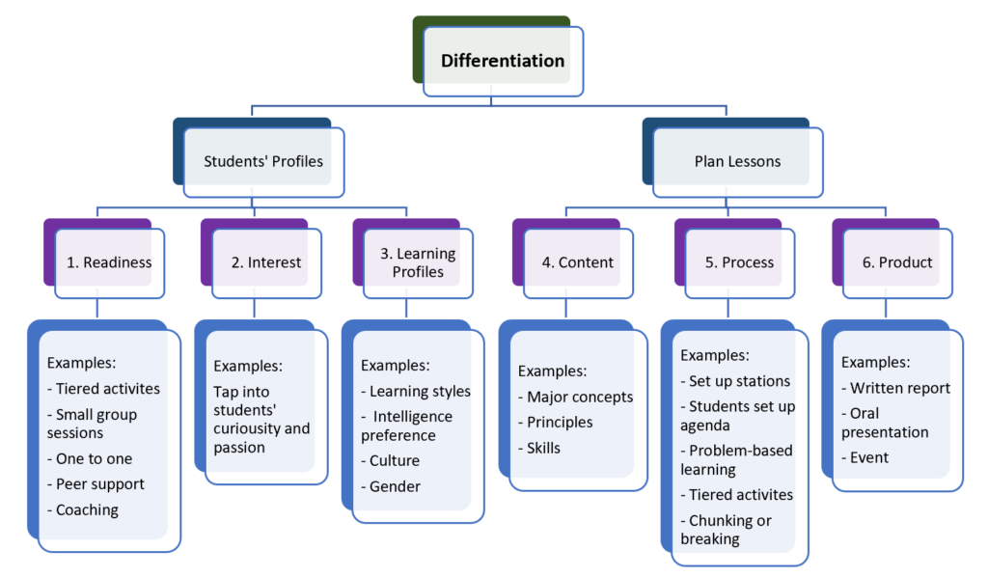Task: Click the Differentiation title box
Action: (503, 61)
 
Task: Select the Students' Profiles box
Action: (262, 162)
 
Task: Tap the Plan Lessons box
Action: (737, 162)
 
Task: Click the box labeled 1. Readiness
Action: (109, 262)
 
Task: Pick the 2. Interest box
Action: (266, 262)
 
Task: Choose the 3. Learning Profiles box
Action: (418, 262)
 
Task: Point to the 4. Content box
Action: (578, 262)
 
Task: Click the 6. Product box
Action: (897, 262)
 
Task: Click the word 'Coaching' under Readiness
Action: (87, 509)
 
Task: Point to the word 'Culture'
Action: (395, 461)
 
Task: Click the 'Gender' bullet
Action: (395, 486)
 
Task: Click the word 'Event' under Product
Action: (869, 457)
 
